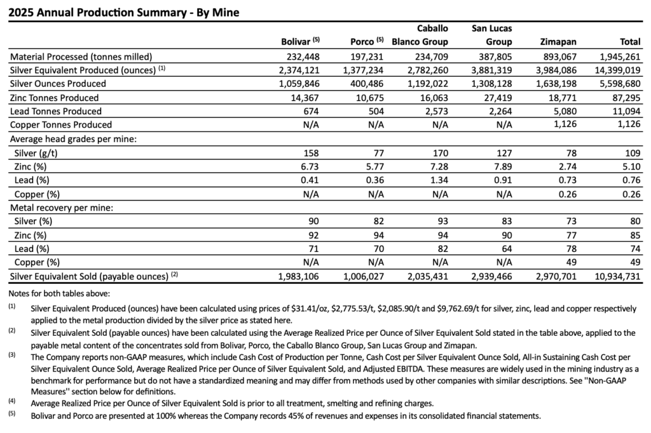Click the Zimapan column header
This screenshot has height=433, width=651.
pyautogui.click(x=559, y=42)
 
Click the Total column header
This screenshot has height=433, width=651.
pyautogui.click(x=630, y=42)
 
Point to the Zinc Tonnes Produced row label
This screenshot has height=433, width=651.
pyautogui.click(x=55, y=97)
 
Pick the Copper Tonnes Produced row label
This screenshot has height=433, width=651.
pyautogui.click(x=60, y=124)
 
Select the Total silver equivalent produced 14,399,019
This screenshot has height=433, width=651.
pyautogui.click(x=616, y=70)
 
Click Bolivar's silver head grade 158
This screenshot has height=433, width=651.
pyautogui.click(x=311, y=152)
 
